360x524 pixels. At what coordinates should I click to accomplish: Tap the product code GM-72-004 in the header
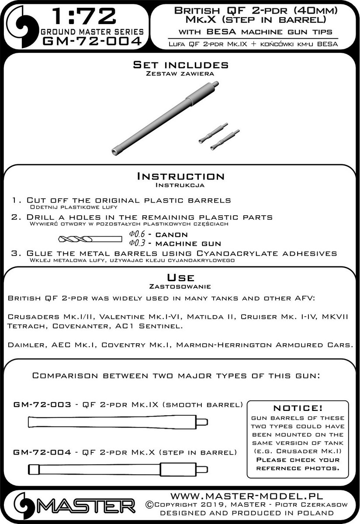click(x=91, y=41)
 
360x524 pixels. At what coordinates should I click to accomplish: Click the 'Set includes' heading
click(x=180, y=65)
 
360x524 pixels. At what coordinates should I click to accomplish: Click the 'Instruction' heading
click(x=180, y=176)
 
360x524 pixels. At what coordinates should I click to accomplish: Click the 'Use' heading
click(x=180, y=278)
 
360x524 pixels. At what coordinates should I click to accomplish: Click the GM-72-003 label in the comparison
click(x=42, y=405)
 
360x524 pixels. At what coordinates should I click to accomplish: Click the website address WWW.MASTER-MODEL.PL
click(x=246, y=496)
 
